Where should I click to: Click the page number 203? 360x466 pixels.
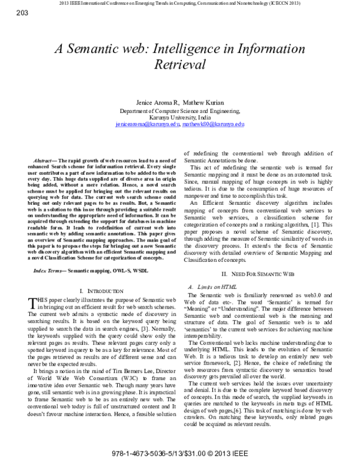9,13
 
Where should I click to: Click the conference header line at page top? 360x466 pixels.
180,4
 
